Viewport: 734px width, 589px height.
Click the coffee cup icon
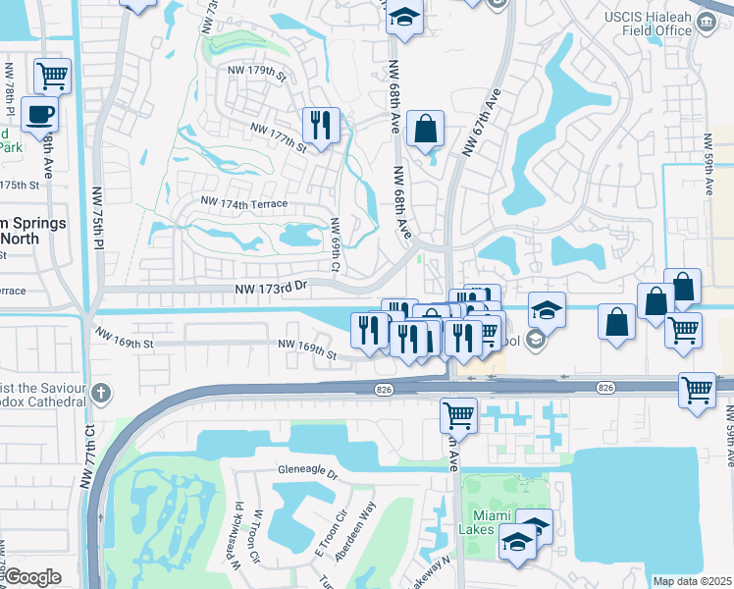pos(39,113)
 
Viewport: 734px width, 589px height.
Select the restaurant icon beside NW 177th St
pos(321,125)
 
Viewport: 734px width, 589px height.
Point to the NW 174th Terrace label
pos(243,203)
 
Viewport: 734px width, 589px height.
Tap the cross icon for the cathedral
pos(99,395)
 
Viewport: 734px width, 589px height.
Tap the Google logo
pos(32,577)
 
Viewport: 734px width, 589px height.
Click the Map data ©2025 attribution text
pos(692,581)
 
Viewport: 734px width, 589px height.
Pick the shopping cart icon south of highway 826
pos(458,414)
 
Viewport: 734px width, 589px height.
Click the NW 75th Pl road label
pos(97,219)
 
